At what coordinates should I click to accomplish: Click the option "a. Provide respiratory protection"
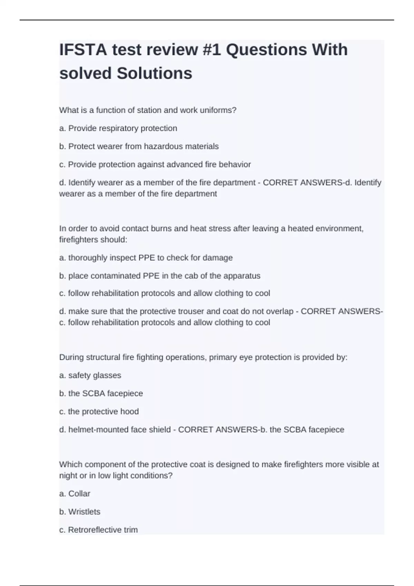118,128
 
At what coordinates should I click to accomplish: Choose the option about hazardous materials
139,146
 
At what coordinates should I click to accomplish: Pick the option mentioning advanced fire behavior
155,164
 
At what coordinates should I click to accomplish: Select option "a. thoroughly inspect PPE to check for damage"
146,257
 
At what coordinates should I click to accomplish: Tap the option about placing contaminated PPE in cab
160,276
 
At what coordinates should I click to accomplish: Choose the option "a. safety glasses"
90,375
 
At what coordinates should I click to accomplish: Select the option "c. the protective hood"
99,411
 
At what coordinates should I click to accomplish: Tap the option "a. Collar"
75,494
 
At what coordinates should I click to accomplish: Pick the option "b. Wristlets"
80,512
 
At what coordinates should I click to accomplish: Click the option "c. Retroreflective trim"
98,530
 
